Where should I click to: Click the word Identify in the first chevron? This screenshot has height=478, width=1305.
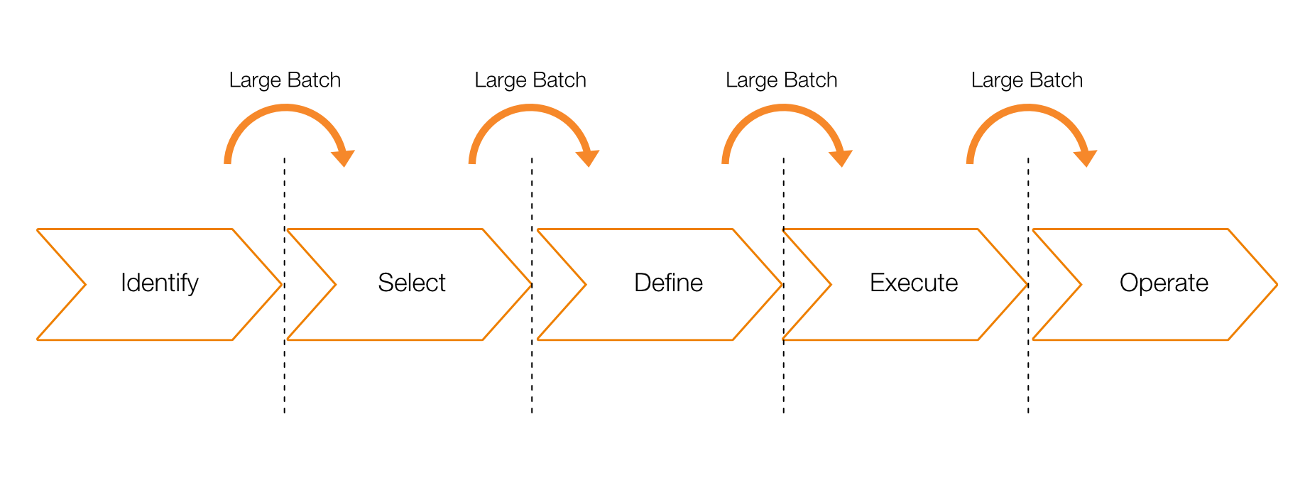(160, 283)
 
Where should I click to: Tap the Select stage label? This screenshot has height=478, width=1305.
(412, 283)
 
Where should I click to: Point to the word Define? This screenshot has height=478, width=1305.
(668, 283)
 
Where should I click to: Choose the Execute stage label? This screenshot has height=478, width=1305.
(914, 283)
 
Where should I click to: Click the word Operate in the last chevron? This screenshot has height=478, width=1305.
(1164, 283)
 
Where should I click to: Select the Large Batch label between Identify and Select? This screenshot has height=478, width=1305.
(285, 80)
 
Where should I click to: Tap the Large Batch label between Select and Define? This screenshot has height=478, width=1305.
(530, 80)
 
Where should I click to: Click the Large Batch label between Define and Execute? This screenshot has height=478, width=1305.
(781, 80)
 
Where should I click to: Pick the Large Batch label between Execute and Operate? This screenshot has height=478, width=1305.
(1027, 80)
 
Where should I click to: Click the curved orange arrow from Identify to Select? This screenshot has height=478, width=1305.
(285, 108)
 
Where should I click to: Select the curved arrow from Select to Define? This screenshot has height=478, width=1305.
(530, 108)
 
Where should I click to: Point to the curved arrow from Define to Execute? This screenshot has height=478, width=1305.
(783, 108)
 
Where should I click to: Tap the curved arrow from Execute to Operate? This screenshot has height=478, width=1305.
(1028, 108)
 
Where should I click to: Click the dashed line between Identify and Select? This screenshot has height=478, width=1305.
(285, 286)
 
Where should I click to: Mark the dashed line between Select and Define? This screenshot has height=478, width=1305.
(532, 286)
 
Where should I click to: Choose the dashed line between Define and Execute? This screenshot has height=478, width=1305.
(784, 286)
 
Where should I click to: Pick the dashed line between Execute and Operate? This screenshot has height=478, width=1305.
(1028, 286)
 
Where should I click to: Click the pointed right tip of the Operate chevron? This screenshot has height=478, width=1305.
(1277, 285)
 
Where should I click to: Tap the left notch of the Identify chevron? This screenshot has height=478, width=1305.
(85, 285)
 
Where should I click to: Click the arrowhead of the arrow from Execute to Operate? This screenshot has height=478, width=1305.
(1085, 158)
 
